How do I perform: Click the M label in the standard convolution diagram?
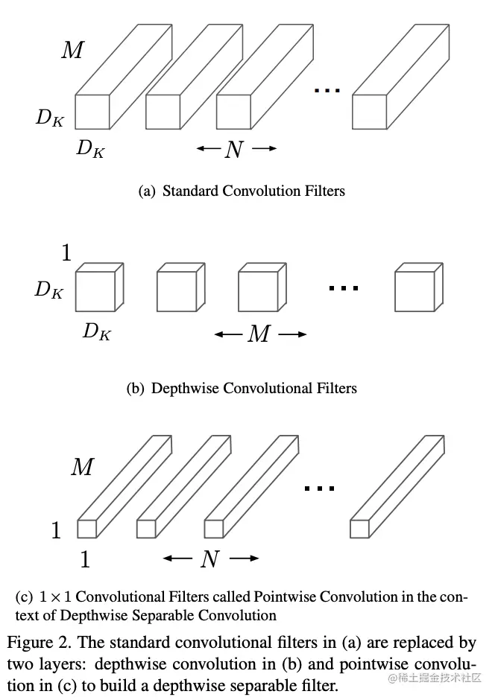72,51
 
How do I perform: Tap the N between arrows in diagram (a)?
234,150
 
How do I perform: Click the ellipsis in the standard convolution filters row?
327,90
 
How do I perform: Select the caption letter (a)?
147,191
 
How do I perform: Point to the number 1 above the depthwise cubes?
66,254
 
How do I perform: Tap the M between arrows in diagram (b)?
259,334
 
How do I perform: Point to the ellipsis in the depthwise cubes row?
344,288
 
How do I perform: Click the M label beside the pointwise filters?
82,468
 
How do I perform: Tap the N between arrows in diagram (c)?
210,559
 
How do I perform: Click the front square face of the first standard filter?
92,112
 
